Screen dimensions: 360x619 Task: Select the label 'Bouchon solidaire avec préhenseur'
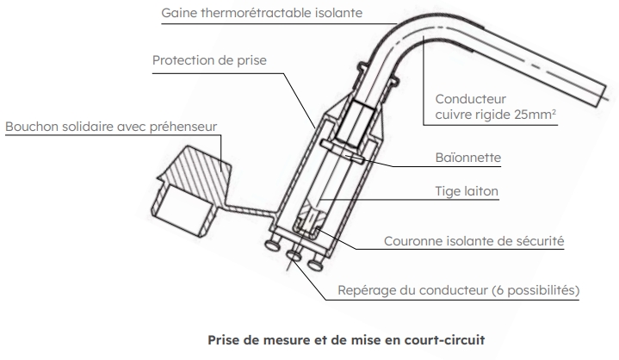pyautogui.click(x=112, y=127)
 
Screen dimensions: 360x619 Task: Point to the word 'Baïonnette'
pyautogui.click(x=467, y=158)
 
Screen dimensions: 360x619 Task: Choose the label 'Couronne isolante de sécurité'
pyautogui.click(x=474, y=242)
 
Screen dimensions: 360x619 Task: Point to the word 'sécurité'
pyautogui.click(x=538, y=242)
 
